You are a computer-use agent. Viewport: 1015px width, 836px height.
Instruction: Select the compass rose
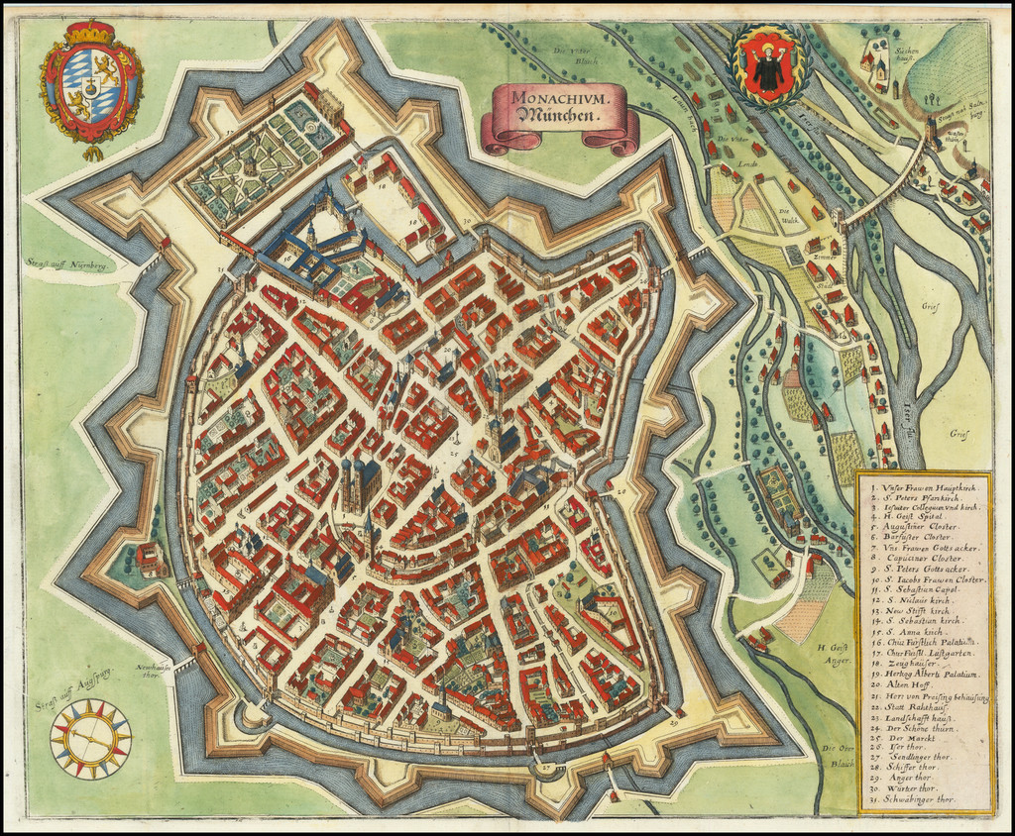91,738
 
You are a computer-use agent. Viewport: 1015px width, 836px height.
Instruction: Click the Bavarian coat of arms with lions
91,87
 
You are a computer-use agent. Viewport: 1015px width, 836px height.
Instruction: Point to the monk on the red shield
769,67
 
